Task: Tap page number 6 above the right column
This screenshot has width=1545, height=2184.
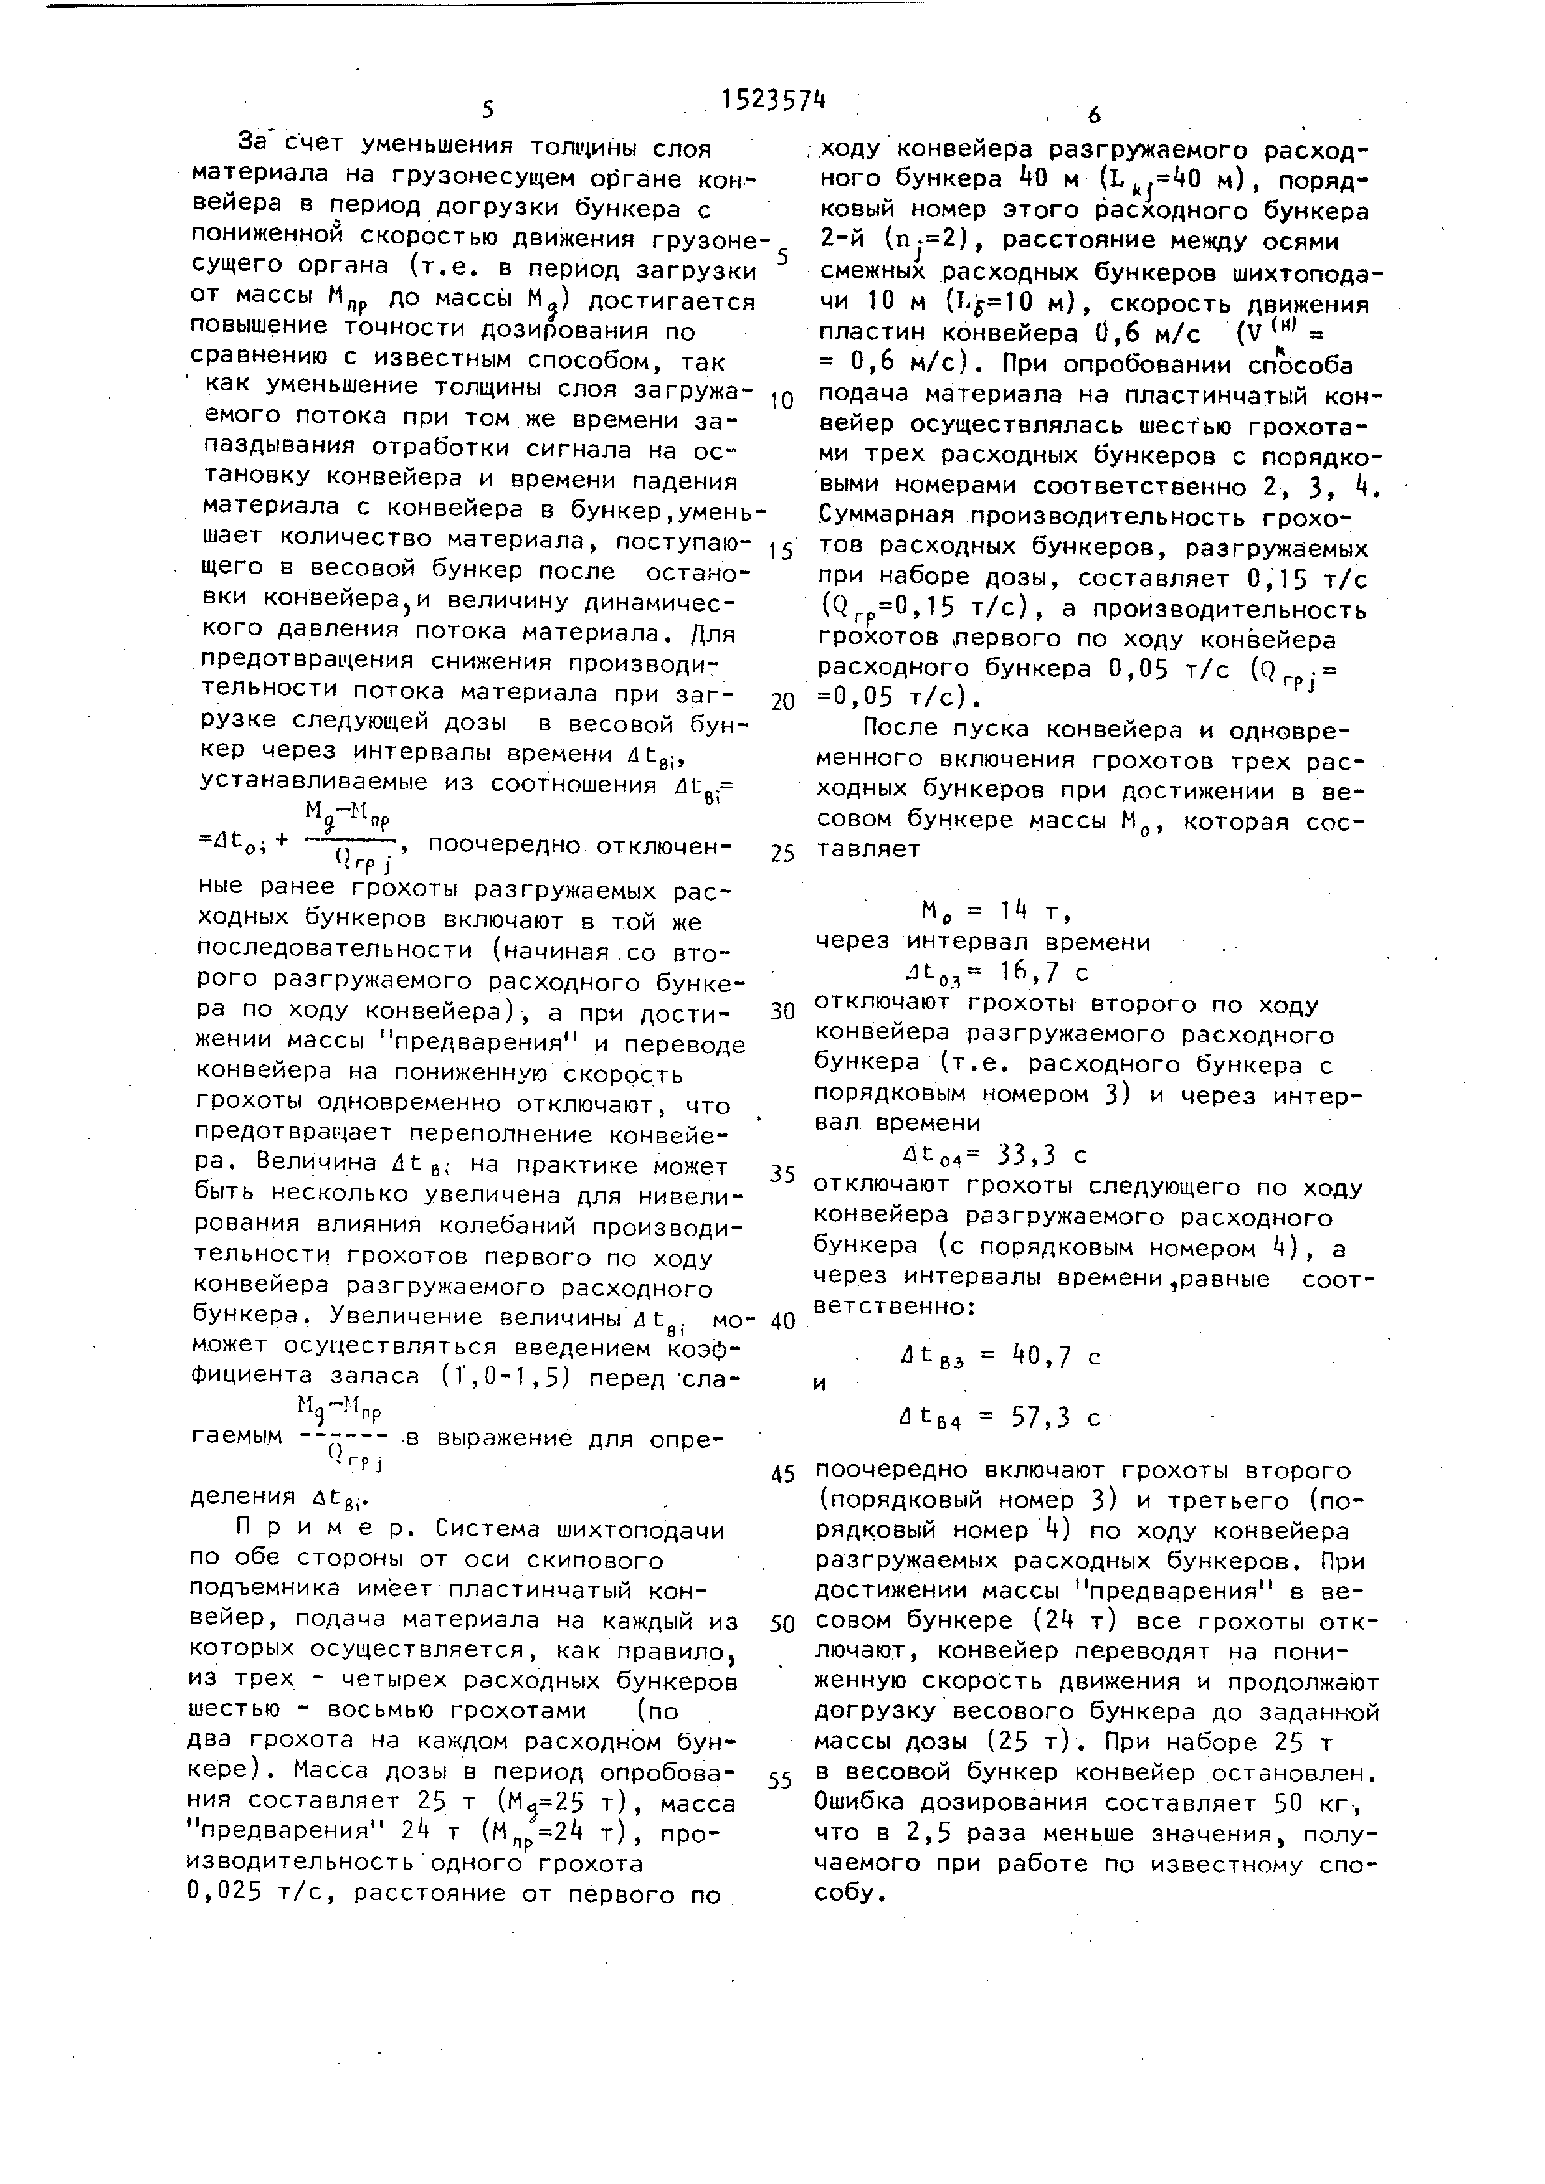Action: [1094, 115]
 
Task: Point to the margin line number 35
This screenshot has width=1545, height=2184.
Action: [782, 1174]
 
